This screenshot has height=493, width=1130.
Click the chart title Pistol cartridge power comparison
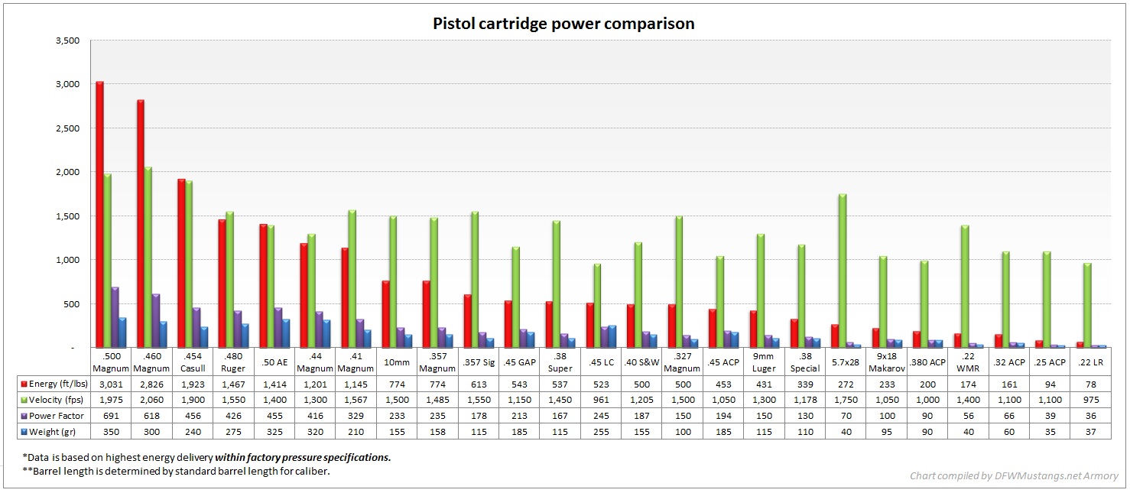point(563,24)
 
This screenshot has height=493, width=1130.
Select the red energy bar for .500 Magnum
point(99,214)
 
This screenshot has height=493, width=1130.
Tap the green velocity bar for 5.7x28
point(842,271)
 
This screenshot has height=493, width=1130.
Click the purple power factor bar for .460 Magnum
point(155,320)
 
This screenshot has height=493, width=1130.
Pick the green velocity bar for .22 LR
point(1086,305)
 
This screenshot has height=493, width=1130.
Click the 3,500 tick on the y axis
point(68,41)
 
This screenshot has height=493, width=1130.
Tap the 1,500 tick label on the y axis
point(68,216)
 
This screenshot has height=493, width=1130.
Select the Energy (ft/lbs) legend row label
point(53,382)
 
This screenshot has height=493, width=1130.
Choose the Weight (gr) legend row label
point(50,432)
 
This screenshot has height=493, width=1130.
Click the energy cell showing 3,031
point(111,382)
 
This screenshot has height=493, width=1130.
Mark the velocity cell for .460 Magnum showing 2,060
point(151,399)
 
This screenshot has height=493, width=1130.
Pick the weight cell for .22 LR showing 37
point(1090,432)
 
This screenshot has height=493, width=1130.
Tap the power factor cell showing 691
point(111,415)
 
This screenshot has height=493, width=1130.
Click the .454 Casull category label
point(193,362)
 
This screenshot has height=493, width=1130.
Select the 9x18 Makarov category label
point(886,362)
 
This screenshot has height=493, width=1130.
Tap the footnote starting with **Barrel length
point(177,471)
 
